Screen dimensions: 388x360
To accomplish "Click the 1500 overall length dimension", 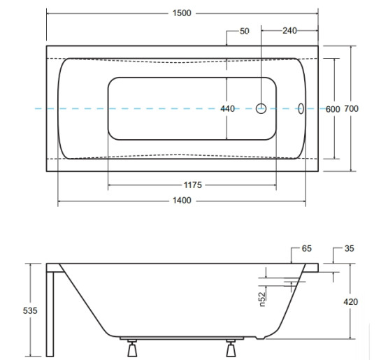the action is [182, 13].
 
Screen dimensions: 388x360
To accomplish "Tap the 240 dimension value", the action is [289, 31].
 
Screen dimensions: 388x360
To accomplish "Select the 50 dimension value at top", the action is [245, 31].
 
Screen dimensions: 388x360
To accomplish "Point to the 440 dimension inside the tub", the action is [228, 108].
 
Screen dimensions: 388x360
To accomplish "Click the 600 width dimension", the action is [333, 109].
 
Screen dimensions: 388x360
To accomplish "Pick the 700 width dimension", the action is [352, 108].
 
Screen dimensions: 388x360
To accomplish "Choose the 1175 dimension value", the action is [193, 185].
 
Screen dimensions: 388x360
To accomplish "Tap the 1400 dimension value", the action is [182, 200].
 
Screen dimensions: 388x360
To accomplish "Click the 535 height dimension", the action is [30, 310].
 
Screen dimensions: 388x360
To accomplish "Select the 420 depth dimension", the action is [351, 302].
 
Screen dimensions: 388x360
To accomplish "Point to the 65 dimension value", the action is [307, 248].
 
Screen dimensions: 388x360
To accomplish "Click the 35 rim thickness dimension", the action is [349, 248].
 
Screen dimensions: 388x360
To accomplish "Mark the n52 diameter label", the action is [263, 299].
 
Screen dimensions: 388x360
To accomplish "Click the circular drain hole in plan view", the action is [261, 108].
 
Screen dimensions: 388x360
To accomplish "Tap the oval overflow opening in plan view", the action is [301, 108].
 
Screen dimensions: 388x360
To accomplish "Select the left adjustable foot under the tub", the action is [132, 348].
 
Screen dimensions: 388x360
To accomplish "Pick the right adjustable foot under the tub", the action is [231, 348].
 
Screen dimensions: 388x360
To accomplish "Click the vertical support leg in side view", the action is [50, 315].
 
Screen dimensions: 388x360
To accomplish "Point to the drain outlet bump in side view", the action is [261, 338].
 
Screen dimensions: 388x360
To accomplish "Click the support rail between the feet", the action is [182, 338].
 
